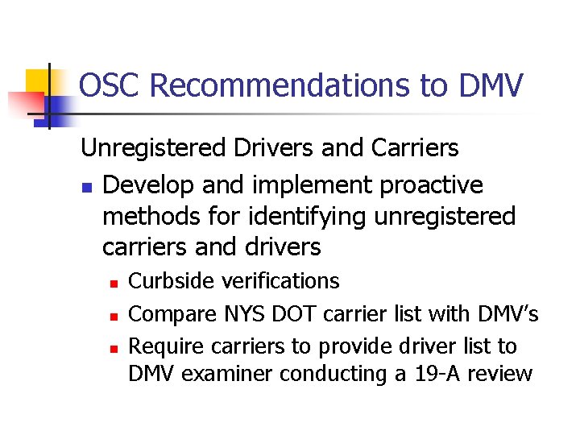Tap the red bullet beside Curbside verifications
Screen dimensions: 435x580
114,283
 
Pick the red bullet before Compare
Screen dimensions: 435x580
114,315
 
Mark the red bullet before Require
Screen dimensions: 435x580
114,347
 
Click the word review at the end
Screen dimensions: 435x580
502,374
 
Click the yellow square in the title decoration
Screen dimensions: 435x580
39,81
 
